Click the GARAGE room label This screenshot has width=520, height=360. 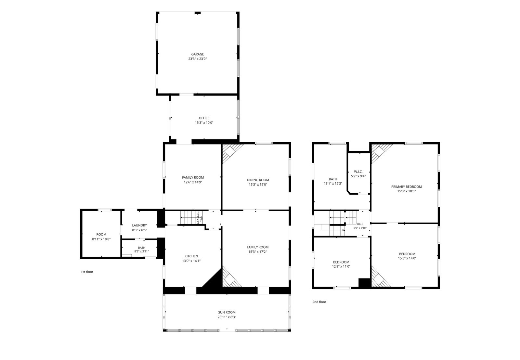point(197,54)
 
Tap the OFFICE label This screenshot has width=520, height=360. point(204,118)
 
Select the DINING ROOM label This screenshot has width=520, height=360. point(258,180)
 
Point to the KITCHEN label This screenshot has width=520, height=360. point(191,256)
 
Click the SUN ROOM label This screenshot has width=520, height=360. point(227,313)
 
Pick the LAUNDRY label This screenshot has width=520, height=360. point(139,225)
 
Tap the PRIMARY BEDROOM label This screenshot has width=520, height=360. point(406,186)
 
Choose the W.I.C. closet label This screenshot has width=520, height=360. point(358,172)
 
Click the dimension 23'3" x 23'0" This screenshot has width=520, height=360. point(197,59)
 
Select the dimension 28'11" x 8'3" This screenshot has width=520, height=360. point(227,317)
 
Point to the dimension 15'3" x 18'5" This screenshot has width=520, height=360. point(406,191)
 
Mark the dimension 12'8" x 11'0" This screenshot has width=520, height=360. point(341,267)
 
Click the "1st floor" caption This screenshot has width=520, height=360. point(87,272)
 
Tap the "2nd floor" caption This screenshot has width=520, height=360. point(319,302)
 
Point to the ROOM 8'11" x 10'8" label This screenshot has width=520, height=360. point(101,237)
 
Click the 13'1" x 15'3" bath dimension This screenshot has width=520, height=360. point(333,183)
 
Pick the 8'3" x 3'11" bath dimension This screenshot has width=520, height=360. point(141,251)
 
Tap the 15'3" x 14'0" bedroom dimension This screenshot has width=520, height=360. point(407,258)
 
